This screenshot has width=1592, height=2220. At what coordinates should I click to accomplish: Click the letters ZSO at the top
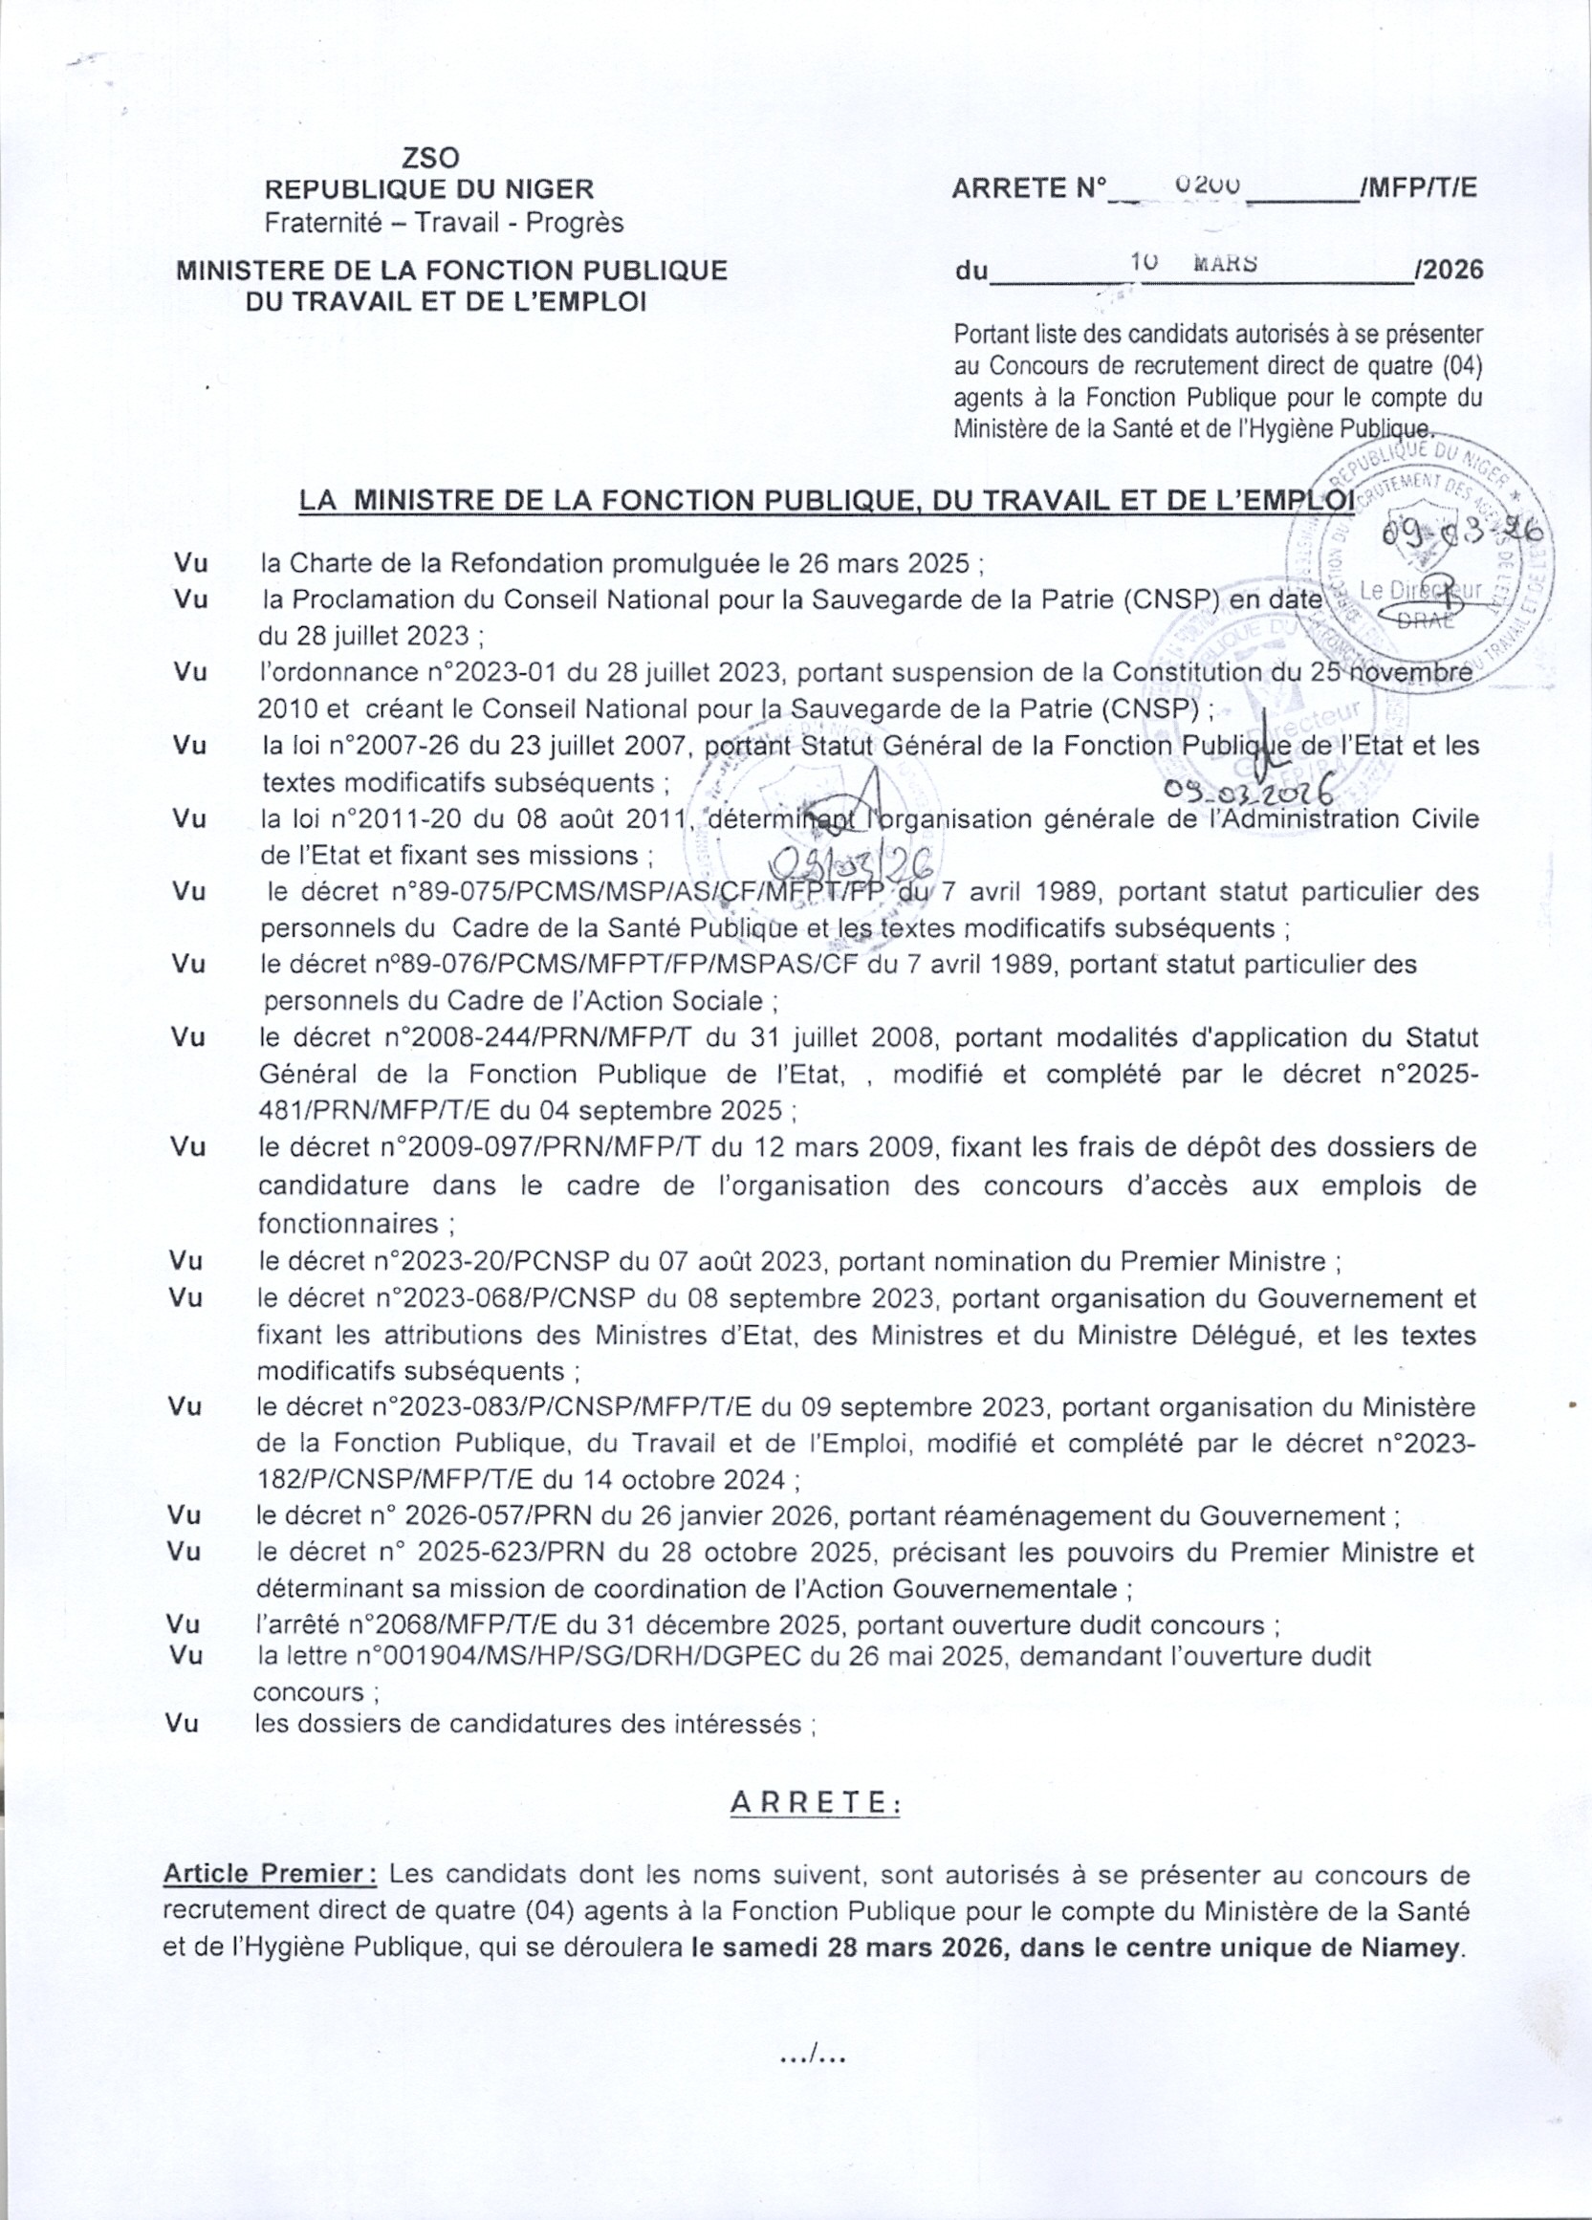point(430,157)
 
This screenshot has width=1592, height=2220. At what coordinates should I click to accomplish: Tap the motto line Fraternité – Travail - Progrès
point(444,223)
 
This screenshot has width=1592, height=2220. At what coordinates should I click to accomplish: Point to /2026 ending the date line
point(1449,271)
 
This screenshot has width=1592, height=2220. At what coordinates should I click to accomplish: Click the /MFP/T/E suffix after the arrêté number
point(1419,188)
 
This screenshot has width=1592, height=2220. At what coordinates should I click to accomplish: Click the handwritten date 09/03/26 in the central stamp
point(852,861)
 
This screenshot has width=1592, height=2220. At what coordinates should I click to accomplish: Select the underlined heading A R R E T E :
point(815,1802)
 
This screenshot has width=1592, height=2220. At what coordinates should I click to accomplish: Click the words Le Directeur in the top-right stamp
point(1422,590)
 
